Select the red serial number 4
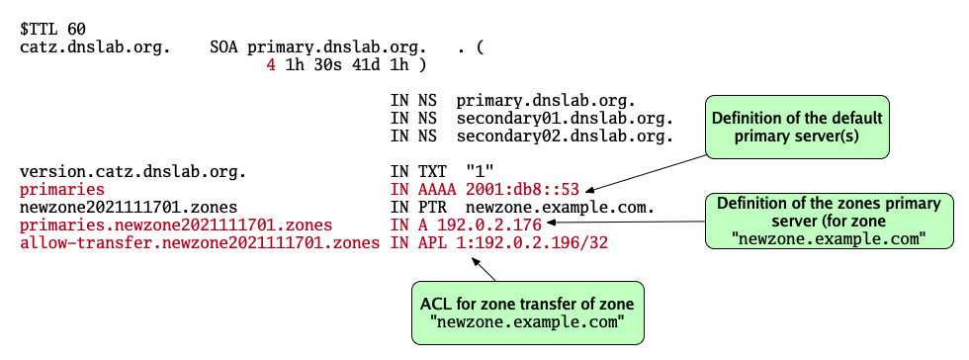[271, 65]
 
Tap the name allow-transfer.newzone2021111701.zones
[198, 242]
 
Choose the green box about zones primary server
[829, 220]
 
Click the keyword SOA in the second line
[224, 46]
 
